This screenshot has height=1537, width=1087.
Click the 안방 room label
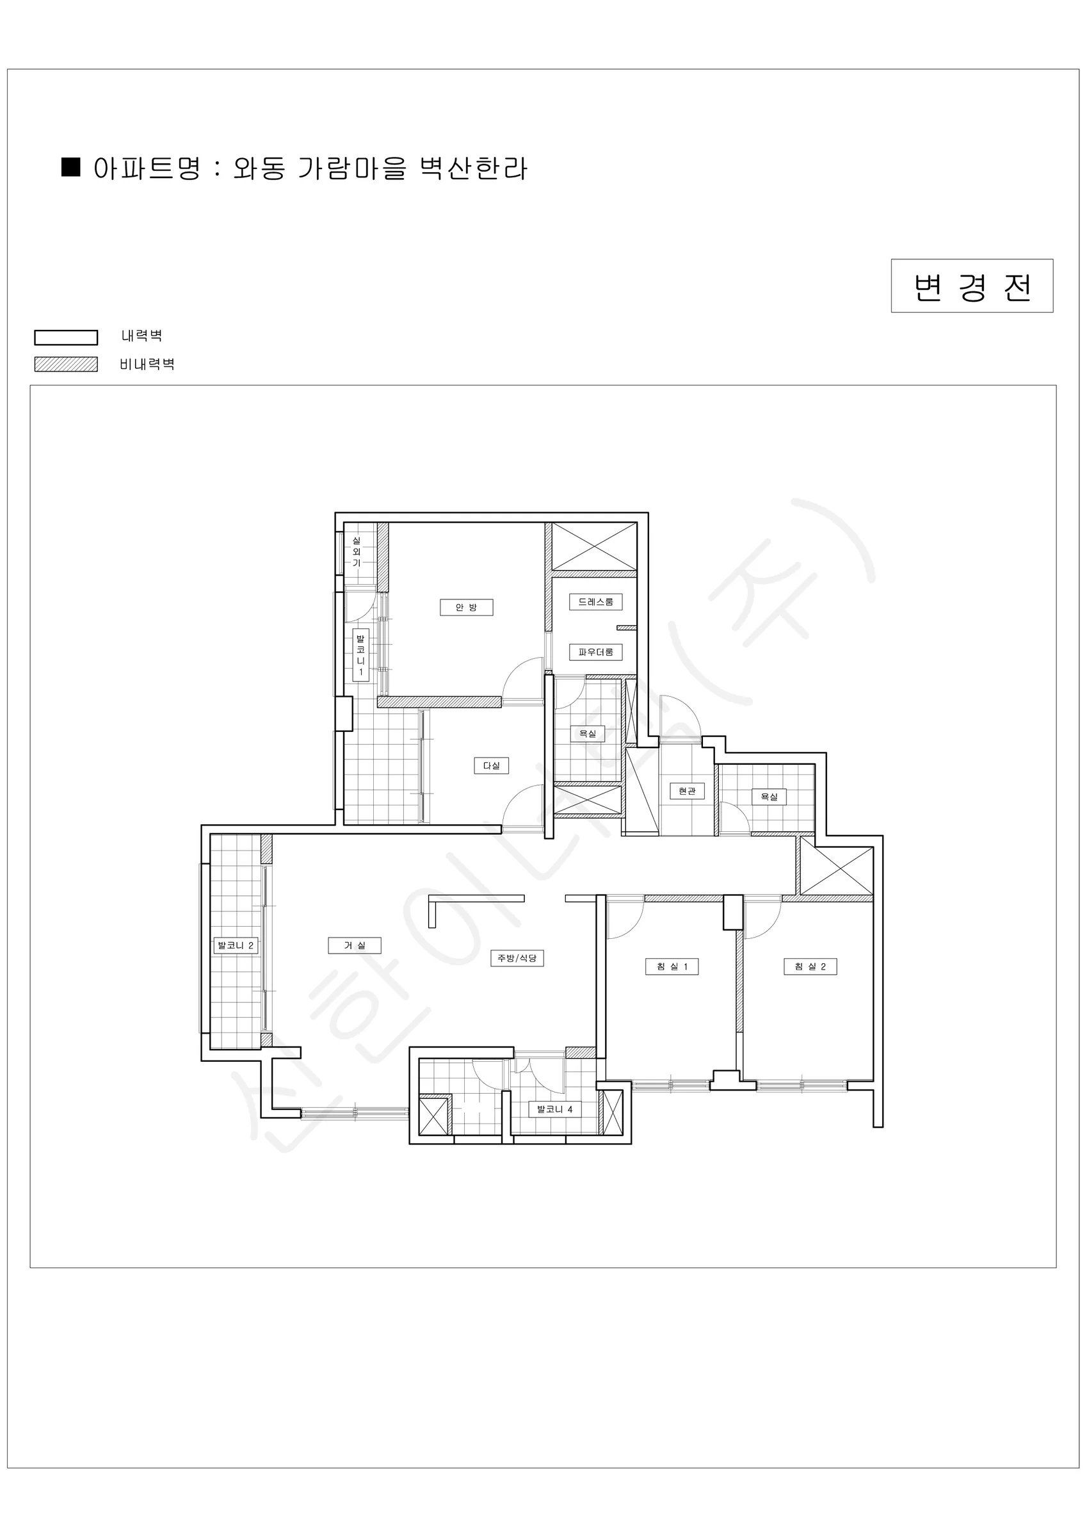467,607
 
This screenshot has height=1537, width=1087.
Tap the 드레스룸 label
596,602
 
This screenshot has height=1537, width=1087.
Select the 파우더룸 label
596,652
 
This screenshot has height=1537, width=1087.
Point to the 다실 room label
491,765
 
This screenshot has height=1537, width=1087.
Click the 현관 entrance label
687,792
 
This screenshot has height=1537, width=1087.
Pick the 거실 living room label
355,945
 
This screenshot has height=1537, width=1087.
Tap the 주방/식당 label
517,958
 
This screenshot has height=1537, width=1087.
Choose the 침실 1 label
672,966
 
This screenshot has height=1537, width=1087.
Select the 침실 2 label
810,966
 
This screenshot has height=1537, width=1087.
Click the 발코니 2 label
236,945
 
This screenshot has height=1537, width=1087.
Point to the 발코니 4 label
555,1109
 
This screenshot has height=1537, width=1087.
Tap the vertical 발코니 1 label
361,655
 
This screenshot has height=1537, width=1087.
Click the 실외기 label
357,551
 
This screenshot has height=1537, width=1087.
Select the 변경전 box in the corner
972,286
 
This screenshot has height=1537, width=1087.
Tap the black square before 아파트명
71,167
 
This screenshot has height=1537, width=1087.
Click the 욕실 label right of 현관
769,797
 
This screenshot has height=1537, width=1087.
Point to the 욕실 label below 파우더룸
588,734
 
